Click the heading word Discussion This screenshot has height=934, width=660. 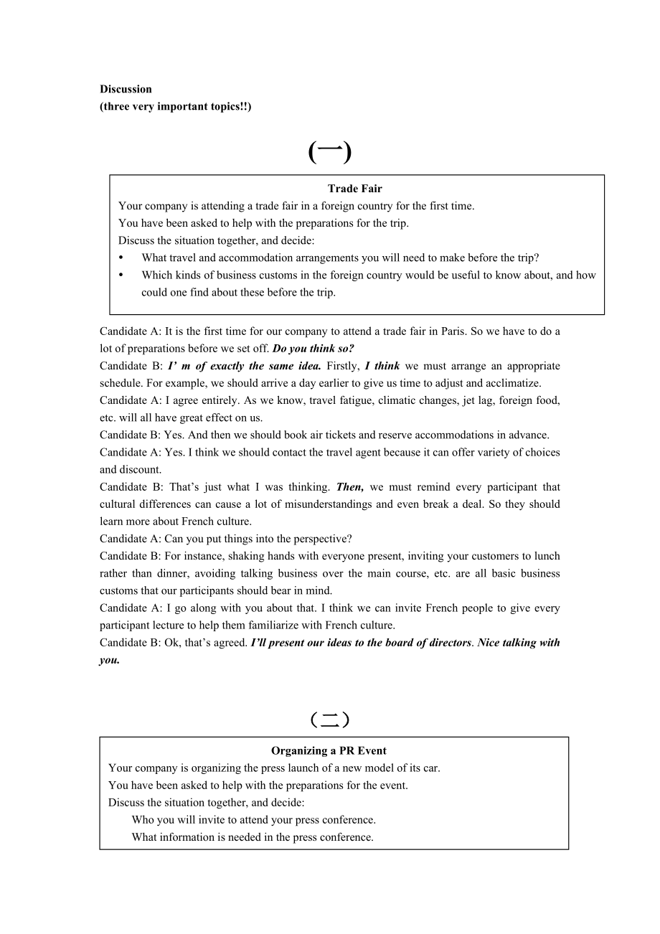126,89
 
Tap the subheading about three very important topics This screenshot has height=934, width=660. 176,106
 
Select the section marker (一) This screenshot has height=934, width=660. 330,152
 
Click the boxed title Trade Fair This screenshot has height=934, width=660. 355,189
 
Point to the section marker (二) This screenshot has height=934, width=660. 330,719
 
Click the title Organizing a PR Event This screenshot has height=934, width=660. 329,751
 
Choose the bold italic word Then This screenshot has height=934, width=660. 349,487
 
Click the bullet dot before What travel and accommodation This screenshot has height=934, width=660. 121,258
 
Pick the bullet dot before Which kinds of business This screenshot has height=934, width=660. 121,275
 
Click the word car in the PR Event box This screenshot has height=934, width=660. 430,768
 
